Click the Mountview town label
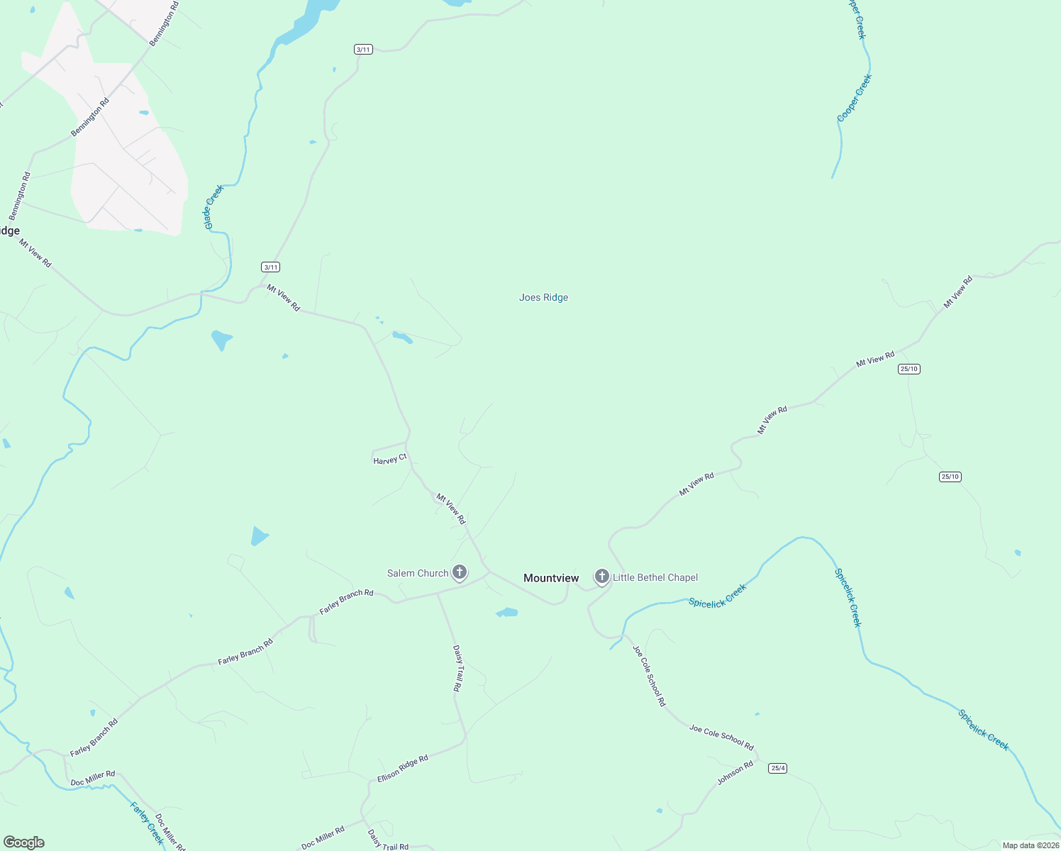pyautogui.click(x=551, y=578)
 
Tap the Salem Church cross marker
pyautogui.click(x=460, y=572)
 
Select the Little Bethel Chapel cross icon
pyautogui.click(x=602, y=576)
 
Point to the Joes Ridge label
pyautogui.click(x=543, y=297)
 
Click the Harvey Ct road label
pyautogui.click(x=389, y=460)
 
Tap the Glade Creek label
pyautogui.click(x=213, y=206)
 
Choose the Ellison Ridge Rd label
pyautogui.click(x=402, y=769)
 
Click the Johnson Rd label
pyautogui.click(x=735, y=773)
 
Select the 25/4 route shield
pyautogui.click(x=778, y=768)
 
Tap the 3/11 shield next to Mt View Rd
pyautogui.click(x=270, y=267)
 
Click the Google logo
pyautogui.click(x=24, y=842)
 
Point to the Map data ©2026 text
pyautogui.click(x=1031, y=845)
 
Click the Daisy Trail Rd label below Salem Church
pyautogui.click(x=458, y=668)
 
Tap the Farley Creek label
pyautogui.click(x=148, y=823)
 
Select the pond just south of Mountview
pyautogui.click(x=507, y=612)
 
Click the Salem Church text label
pyautogui.click(x=418, y=573)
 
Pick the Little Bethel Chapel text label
pyautogui.click(x=655, y=577)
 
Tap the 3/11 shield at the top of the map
pyautogui.click(x=363, y=50)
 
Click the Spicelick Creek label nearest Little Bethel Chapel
pyautogui.click(x=718, y=596)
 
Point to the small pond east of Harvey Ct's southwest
pyautogui.click(x=260, y=536)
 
